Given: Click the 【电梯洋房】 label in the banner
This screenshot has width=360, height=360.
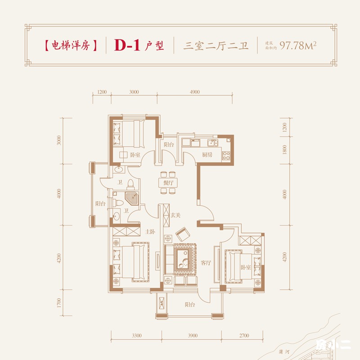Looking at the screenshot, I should coord(71,45).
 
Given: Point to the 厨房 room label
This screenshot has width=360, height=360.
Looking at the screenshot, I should coord(207,155).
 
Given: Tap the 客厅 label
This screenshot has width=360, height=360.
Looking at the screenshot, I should coord(206,263).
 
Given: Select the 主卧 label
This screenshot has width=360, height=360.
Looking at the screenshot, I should coord(150,232).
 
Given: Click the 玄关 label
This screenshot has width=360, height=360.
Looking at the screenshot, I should coord(175,214).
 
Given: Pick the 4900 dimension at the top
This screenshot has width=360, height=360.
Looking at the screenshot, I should coord(194,92).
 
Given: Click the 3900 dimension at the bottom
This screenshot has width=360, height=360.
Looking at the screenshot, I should coord(192,336).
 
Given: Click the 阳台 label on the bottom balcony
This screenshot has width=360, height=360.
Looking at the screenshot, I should coord(190,304).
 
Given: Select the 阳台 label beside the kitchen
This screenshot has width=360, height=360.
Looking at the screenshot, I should coord(169,144).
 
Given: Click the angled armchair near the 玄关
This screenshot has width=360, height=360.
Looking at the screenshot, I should coord(183,234).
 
